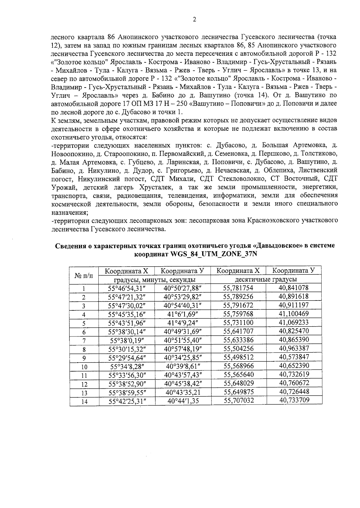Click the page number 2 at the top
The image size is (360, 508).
pyautogui.click(x=194, y=19)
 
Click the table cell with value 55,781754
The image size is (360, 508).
pyautogui.click(x=238, y=288)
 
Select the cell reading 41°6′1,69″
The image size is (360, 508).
pyautogui.click(x=182, y=314)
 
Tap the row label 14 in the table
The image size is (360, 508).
pyautogui.click(x=84, y=401)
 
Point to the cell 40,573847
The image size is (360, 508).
pyautogui.click(x=294, y=357)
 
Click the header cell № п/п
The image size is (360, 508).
pyautogui.click(x=84, y=275)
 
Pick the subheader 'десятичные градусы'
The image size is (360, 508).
pyautogui.click(x=266, y=279)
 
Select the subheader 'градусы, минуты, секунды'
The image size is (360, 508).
pyautogui.click(x=155, y=279)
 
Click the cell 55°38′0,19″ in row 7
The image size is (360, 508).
pyautogui.click(x=127, y=340)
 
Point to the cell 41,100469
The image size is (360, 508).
pyautogui.click(x=294, y=314)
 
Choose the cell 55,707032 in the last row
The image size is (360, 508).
pyautogui.click(x=238, y=401)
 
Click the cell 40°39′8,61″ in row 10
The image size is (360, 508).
pyautogui.click(x=182, y=366)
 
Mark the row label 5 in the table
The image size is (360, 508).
pyautogui.click(x=84, y=323)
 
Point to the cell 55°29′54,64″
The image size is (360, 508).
pyautogui.click(x=127, y=357)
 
